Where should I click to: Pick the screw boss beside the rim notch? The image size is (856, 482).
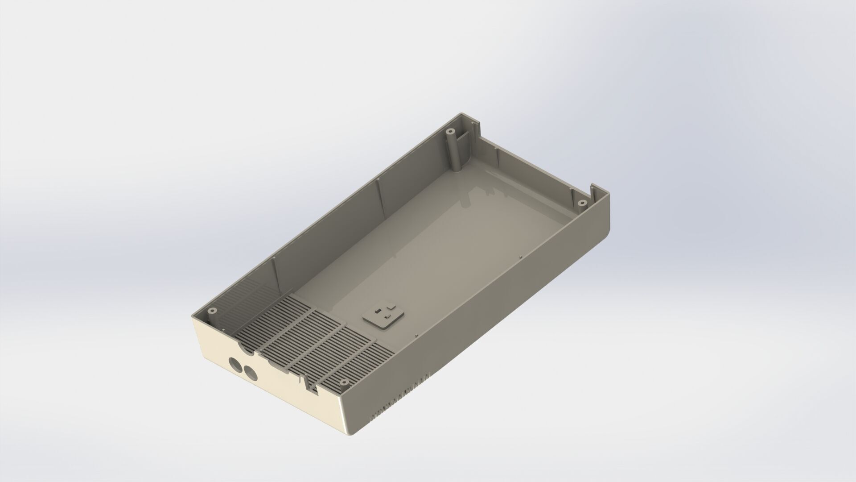pyautogui.click(x=581, y=203)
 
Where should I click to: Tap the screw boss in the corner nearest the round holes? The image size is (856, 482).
pyautogui.click(x=213, y=310)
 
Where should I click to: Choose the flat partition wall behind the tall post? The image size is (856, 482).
pyautogui.click(x=466, y=147)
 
